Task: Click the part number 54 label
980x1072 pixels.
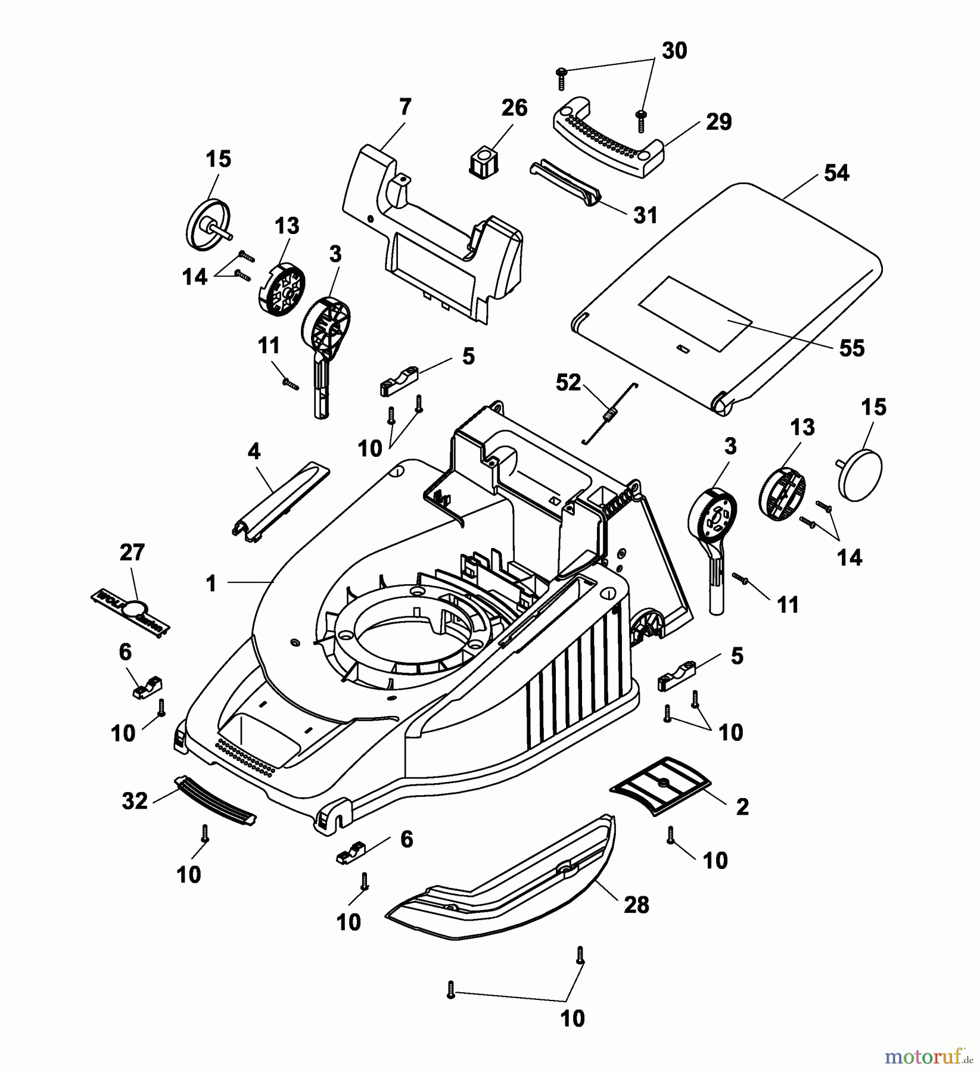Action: tap(836, 173)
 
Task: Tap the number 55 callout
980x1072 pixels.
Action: tap(851, 348)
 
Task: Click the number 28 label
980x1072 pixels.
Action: tap(636, 905)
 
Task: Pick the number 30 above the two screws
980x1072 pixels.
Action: tap(674, 51)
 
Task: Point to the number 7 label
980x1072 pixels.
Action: tap(405, 107)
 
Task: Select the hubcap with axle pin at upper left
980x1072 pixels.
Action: tap(207, 225)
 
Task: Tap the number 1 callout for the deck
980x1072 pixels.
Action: tap(210, 583)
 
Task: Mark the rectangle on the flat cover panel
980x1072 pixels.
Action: tap(694, 313)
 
